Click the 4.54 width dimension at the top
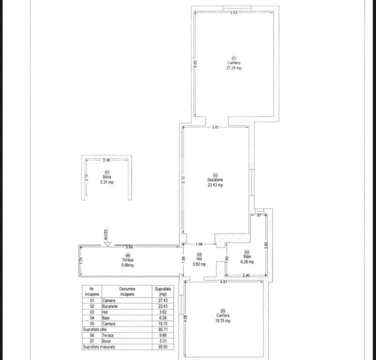pos(234,12)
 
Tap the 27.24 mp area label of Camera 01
pos(234,68)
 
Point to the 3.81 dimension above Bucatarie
pos(215,127)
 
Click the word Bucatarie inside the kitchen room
pos(216,180)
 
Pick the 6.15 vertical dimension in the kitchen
pos(184,178)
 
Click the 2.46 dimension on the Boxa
pos(106,160)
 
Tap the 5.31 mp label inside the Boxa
pos(107,182)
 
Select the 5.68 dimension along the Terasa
pos(129,247)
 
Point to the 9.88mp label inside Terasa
pos(128,265)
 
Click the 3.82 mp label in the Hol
pos(199,264)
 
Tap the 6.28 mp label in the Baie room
pos(247,261)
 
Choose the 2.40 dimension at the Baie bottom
pos(246,275)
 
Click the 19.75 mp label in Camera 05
pos(223,320)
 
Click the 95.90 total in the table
pos(163,346)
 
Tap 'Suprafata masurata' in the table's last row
pos(99,346)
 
